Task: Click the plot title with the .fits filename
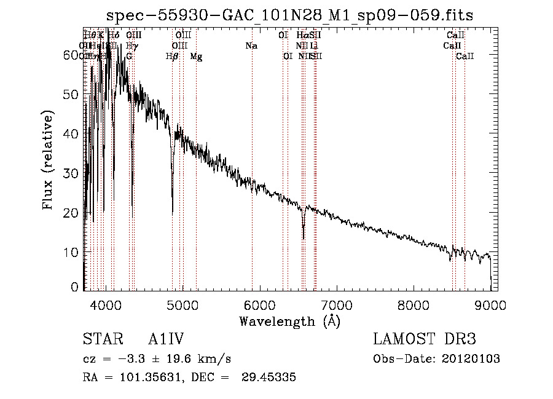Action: [289, 15]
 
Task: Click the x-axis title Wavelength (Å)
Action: [289, 321]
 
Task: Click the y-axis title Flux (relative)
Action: [48, 160]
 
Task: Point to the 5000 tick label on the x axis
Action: [182, 304]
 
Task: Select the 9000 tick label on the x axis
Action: [490, 304]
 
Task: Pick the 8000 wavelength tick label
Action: [414, 304]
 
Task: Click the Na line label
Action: [251, 46]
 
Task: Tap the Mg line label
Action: [195, 57]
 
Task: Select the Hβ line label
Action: [172, 57]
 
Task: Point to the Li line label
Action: [314, 46]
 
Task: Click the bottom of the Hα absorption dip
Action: [303, 239]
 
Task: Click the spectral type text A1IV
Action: [167, 340]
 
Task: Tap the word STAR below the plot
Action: [100, 340]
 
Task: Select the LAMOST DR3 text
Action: [425, 340]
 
